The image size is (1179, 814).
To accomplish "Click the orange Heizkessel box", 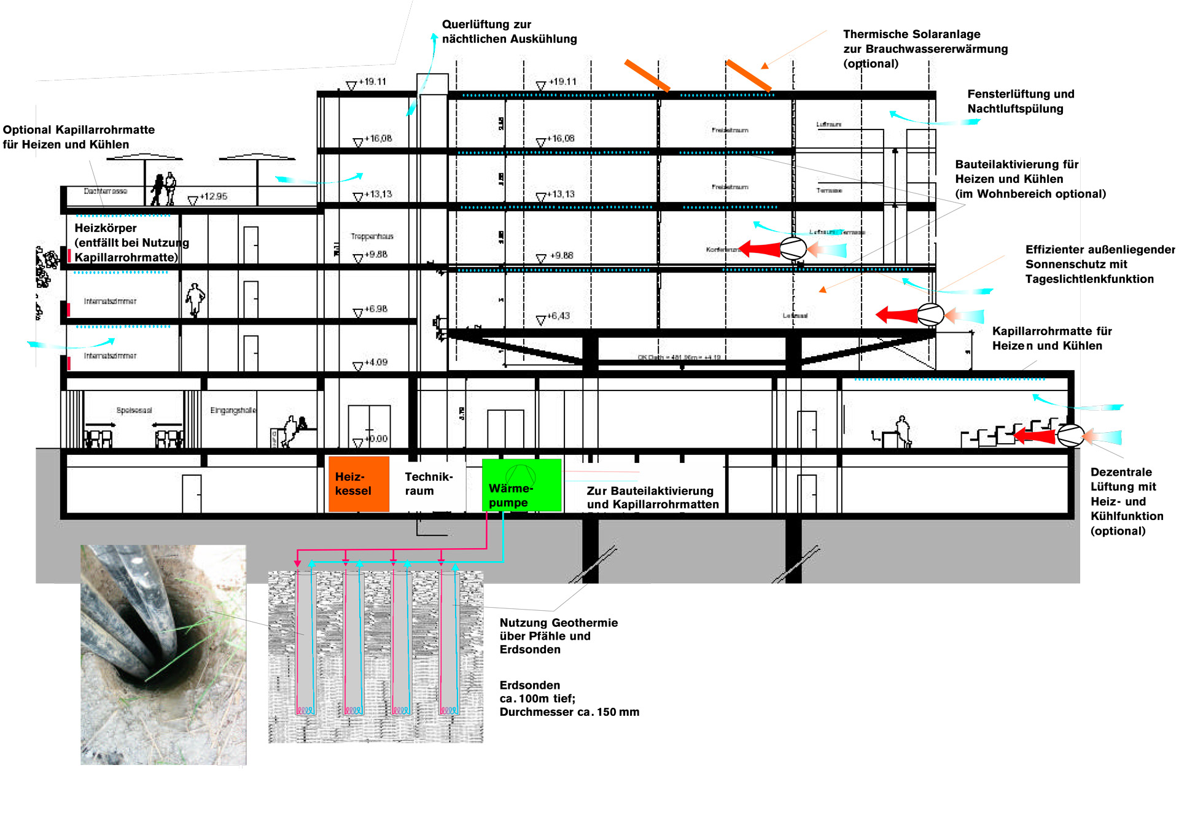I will [x=359, y=484].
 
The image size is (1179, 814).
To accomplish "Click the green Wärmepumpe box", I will [x=521, y=485].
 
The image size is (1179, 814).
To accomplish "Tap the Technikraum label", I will [x=428, y=484].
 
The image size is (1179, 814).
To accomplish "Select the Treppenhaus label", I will [x=372, y=236].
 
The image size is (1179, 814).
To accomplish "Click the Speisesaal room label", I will [x=134, y=410].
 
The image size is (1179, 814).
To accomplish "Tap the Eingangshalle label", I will [x=233, y=410].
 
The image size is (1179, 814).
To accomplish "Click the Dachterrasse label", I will [x=106, y=191].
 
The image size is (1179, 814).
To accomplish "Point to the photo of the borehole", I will [x=163, y=654].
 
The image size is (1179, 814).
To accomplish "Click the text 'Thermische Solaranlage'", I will [x=911, y=34].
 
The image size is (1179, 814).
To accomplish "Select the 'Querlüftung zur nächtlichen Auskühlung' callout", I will [x=509, y=31].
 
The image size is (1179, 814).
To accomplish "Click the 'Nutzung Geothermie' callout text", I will [x=558, y=623].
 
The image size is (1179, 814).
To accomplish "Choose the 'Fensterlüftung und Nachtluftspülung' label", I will [x=1021, y=101].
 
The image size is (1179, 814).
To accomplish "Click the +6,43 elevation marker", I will [x=558, y=316].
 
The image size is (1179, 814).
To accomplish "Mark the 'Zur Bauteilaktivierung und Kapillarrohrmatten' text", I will [x=652, y=497].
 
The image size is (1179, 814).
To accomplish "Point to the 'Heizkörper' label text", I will [x=106, y=228].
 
